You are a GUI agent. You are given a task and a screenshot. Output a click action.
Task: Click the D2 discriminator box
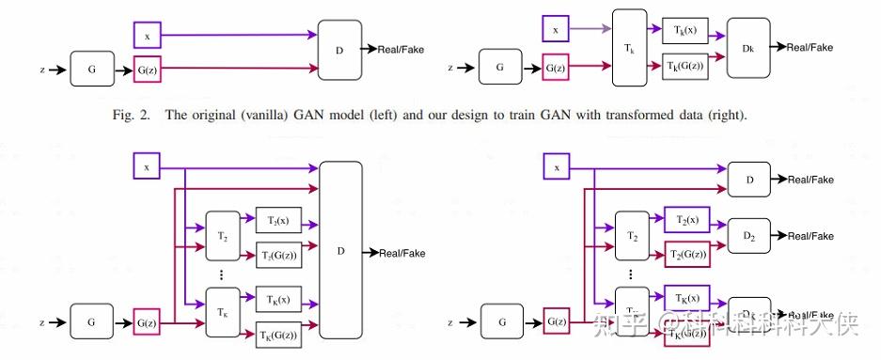tap(750, 236)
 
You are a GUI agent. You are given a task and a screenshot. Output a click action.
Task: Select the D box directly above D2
tap(750, 179)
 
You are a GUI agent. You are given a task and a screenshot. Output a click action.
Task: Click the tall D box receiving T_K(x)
tap(340, 252)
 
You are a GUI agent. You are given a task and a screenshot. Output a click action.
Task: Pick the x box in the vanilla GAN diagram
tap(148, 36)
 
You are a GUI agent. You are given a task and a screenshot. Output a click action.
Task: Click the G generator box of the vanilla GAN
tap(91, 68)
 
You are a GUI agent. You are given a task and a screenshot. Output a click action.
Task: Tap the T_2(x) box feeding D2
tap(686, 219)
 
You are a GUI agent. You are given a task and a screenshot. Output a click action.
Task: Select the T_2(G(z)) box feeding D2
tap(686, 253)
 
